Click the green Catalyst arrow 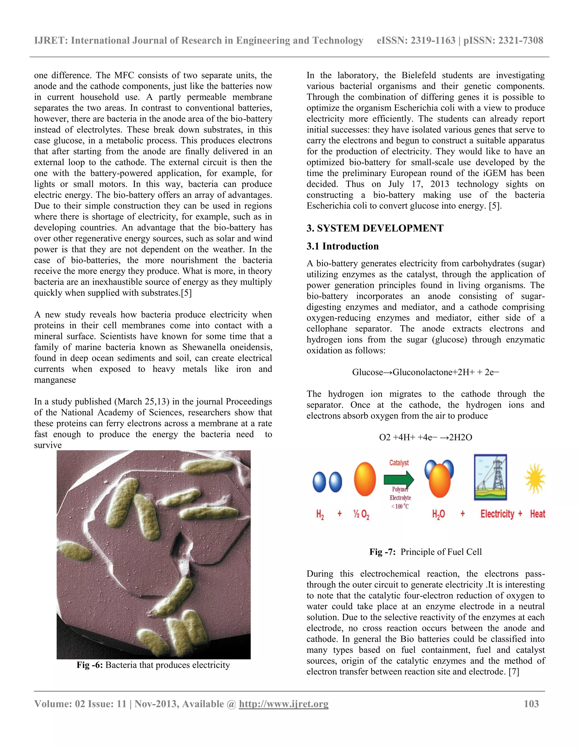(x=399, y=479)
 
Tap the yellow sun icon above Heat (x=535, y=479)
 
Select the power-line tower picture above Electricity (x=491, y=477)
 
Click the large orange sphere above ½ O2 (x=365, y=479)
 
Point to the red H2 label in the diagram (x=320, y=514)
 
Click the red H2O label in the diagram (x=438, y=514)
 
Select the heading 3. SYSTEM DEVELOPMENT (x=375, y=228)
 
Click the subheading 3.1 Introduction (x=342, y=246)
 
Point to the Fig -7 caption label (x=383, y=552)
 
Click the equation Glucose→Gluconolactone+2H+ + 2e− (x=425, y=372)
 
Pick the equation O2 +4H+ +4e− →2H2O (x=425, y=437)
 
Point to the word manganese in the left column (x=55, y=380)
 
